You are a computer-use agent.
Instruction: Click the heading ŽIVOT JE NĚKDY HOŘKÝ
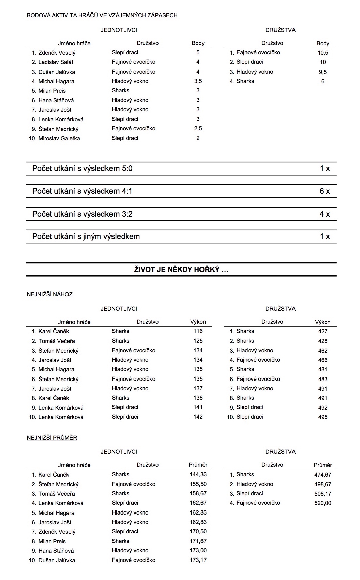(181, 269)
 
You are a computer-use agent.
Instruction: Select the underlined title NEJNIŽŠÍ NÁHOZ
(50, 294)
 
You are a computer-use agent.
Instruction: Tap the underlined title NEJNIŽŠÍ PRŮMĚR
(52, 438)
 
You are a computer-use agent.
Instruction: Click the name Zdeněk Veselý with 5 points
(57, 53)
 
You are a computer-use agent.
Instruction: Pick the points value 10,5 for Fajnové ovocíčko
(323, 53)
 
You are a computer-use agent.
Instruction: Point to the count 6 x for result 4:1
(324, 191)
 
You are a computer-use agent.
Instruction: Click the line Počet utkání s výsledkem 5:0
(82, 168)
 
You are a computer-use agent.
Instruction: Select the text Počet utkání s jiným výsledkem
(86, 236)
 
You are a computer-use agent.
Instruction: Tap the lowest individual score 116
(198, 331)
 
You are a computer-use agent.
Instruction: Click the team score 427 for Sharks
(323, 331)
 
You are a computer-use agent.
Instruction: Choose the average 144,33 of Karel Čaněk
(198, 474)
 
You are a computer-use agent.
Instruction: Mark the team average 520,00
(323, 503)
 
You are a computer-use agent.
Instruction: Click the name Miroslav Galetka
(59, 138)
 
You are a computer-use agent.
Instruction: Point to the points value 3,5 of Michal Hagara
(198, 81)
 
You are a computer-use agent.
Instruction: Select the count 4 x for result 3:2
(324, 214)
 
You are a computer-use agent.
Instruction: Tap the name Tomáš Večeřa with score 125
(56, 341)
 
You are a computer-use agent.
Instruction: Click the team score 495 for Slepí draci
(323, 417)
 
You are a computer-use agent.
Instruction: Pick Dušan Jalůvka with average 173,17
(57, 560)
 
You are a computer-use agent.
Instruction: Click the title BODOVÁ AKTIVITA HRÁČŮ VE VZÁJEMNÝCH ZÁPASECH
(102, 15)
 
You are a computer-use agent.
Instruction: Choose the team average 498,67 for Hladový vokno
(323, 484)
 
